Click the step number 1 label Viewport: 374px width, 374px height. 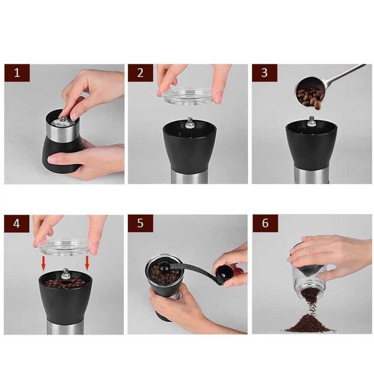click(x=17, y=73)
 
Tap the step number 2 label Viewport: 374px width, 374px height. click(x=140, y=73)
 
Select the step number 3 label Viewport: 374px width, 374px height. click(x=265, y=73)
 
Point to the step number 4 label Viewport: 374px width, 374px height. click(x=17, y=224)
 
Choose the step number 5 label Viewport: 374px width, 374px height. click(x=140, y=223)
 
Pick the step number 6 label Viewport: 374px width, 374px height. click(x=265, y=223)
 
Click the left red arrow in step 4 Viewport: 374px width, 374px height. click(x=43, y=263)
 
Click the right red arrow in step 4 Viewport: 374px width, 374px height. click(x=87, y=263)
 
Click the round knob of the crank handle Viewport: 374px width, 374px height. click(x=225, y=275)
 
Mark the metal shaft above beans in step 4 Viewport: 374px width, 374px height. click(x=65, y=273)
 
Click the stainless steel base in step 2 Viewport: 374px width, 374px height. click(x=190, y=177)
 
